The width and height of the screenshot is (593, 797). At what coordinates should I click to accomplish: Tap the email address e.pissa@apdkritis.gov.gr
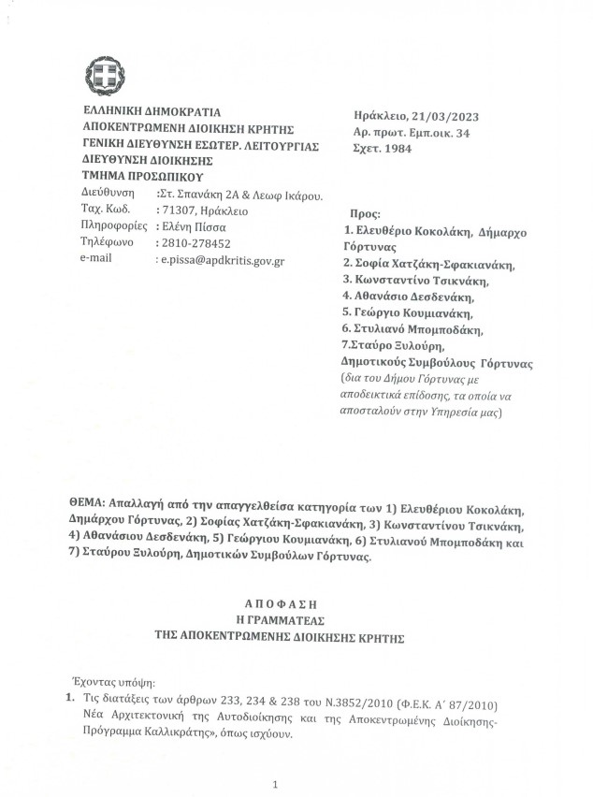[x=223, y=256]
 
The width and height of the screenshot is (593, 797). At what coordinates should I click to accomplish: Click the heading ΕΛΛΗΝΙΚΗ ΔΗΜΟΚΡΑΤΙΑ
[x=146, y=112]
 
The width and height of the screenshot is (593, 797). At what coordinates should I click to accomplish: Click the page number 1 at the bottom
[x=276, y=784]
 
